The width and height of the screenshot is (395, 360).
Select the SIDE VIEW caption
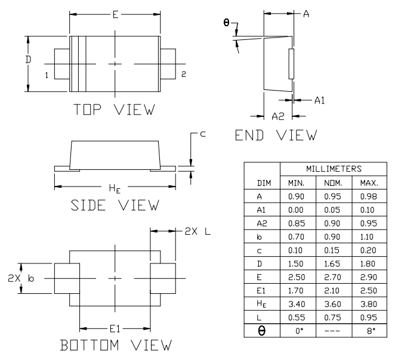point(115,205)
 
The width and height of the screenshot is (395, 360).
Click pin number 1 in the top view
point(46,75)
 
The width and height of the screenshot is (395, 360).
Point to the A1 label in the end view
point(320,101)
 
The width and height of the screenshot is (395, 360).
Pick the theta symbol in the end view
point(226,23)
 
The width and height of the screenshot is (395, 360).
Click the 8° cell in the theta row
point(369,330)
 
